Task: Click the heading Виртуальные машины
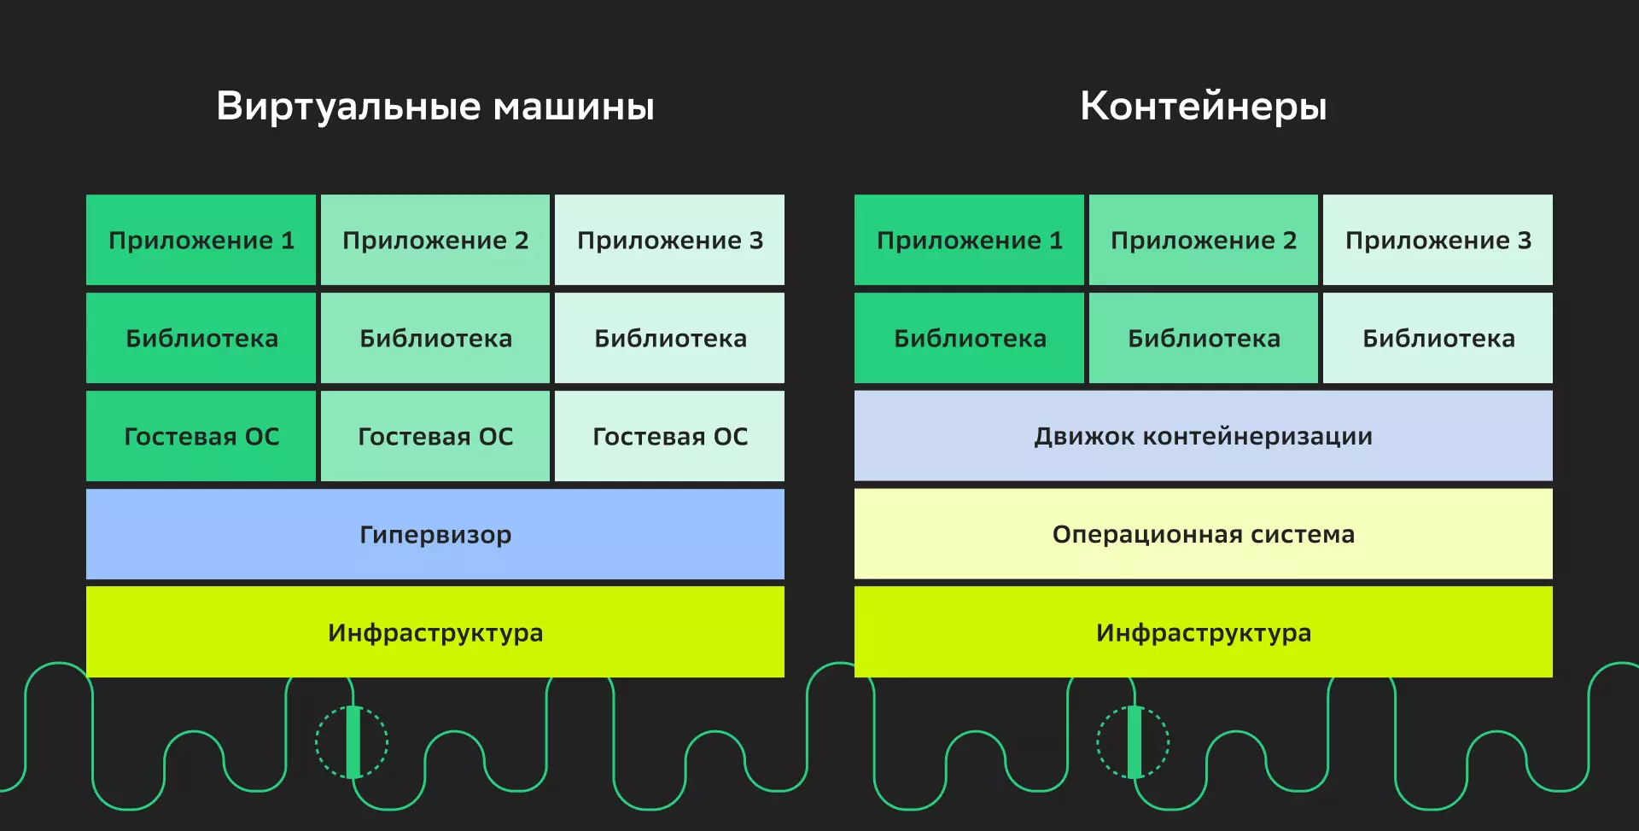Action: (435, 107)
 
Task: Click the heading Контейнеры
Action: (1203, 107)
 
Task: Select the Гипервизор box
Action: (435, 534)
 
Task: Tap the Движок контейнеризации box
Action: (1203, 436)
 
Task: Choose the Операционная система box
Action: (1203, 534)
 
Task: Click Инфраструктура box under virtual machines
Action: (435, 632)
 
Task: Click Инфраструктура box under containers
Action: (1203, 632)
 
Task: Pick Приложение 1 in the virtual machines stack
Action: (201, 240)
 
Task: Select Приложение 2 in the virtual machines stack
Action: (435, 240)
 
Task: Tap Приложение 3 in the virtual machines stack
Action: (670, 240)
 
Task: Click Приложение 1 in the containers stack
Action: (970, 240)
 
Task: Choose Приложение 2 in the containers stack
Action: (1204, 240)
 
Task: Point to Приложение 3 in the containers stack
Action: (1438, 240)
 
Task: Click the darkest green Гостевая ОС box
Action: (201, 436)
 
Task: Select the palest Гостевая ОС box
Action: (670, 436)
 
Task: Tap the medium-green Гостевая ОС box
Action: (435, 436)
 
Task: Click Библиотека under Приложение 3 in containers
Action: (1438, 338)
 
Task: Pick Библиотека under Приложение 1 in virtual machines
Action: (201, 338)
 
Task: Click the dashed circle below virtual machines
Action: (352, 741)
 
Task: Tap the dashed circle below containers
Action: (1133, 741)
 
